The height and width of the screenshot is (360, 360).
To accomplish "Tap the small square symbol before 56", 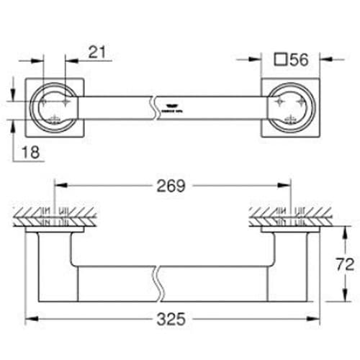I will coord(281,60).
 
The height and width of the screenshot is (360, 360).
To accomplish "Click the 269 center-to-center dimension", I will coord(171,186).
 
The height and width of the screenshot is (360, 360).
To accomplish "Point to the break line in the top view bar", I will coord(153,107).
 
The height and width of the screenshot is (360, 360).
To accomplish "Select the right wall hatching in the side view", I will coord(288,214).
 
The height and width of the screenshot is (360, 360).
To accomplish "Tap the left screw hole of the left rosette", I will coord(42,105).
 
